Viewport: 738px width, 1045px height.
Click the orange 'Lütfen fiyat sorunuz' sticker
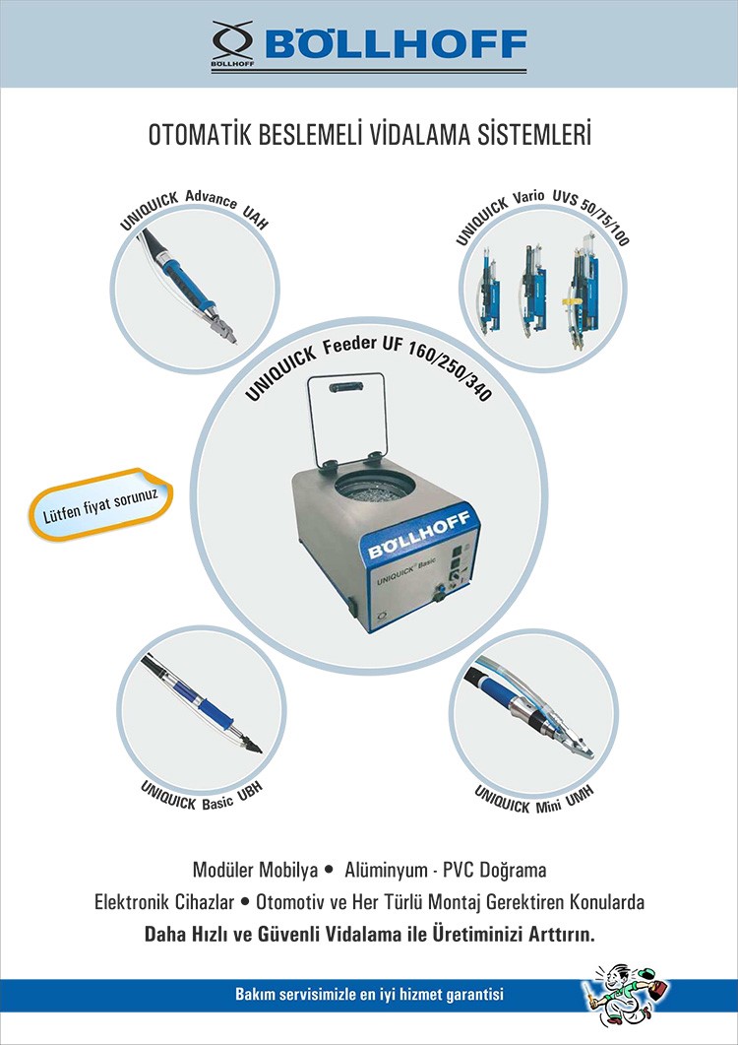[x=100, y=504]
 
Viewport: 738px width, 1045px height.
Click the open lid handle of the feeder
[x=345, y=386]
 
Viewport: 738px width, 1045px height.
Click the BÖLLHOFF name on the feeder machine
[x=420, y=535]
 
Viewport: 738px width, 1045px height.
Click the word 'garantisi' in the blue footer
[x=473, y=995]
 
